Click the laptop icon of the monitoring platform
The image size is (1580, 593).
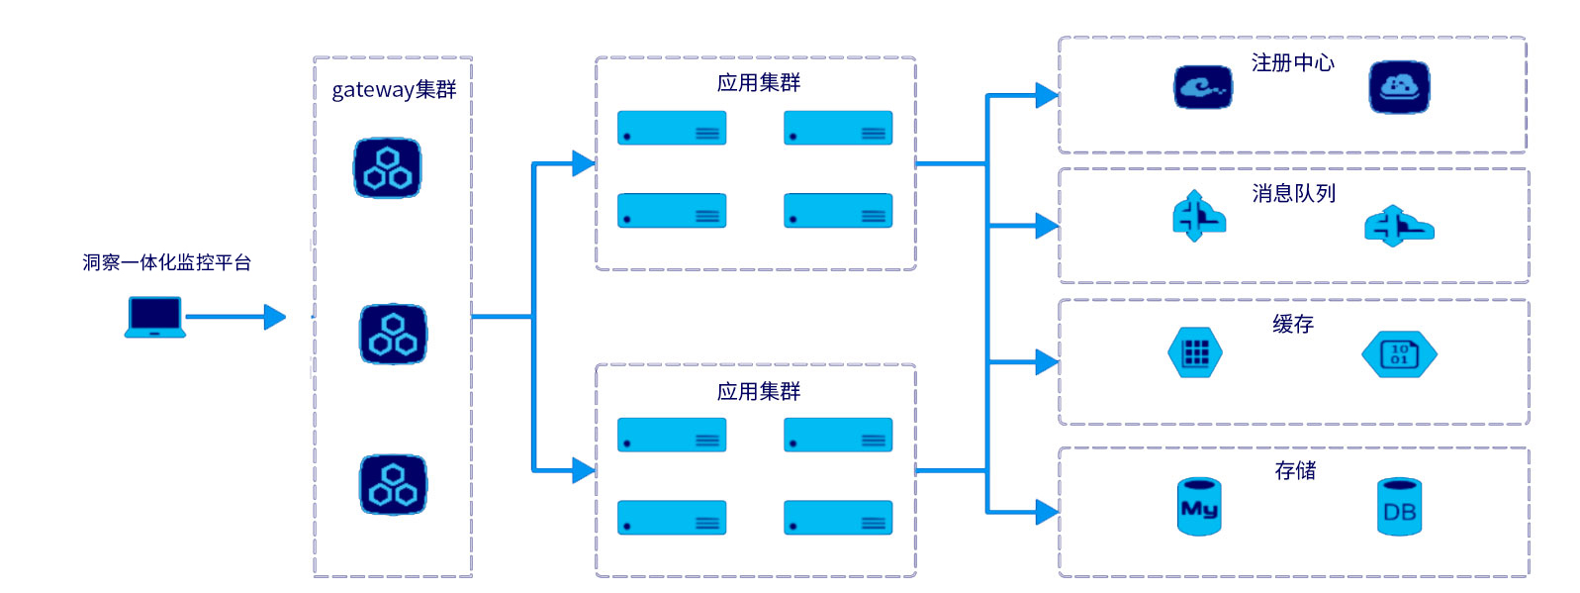155,317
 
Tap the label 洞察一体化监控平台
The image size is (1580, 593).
166,262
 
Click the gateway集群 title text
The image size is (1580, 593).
394,90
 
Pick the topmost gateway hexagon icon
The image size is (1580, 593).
388,168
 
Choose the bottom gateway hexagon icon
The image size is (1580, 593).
393,485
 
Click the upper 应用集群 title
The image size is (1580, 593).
758,83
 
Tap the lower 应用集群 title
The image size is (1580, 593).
758,392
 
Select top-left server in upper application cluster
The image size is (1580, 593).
672,128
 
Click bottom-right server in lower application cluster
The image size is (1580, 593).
838,518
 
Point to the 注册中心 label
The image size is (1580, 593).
1292,63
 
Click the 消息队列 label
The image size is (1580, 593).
1293,194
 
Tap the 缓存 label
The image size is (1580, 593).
1292,325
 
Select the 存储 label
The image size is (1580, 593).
1295,471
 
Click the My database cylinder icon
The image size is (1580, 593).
1199,507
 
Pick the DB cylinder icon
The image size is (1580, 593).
1399,507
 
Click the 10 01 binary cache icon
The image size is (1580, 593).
1399,354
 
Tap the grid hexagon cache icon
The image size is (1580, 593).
1195,353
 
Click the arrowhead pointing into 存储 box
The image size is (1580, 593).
1047,512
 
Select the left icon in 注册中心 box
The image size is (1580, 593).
1203,88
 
